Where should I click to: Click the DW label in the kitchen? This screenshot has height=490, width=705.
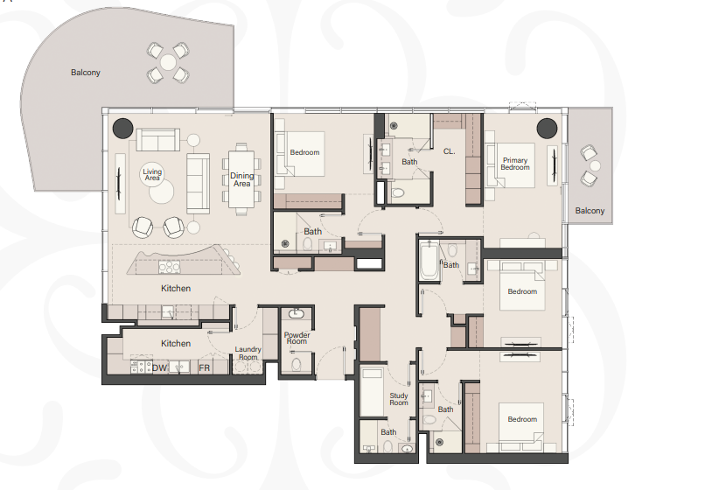point(159,368)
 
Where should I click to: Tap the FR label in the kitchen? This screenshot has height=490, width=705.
point(204,368)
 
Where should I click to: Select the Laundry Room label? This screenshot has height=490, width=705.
point(248,353)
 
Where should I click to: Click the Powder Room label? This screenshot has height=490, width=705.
point(297,338)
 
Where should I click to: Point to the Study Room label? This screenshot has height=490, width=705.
point(399,399)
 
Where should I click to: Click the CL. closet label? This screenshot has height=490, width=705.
point(450,151)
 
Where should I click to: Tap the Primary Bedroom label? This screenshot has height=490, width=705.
point(515,164)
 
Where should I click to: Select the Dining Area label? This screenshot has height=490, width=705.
point(242,179)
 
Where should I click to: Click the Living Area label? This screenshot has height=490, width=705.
point(152,175)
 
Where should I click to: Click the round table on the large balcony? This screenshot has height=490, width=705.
point(168,62)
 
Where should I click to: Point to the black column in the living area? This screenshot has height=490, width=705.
point(122,129)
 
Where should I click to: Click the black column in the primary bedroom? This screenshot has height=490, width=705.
point(548,129)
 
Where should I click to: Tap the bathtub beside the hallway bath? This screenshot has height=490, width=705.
point(429,260)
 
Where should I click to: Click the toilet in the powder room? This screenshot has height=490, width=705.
point(296,364)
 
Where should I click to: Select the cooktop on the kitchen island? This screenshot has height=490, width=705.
point(169,267)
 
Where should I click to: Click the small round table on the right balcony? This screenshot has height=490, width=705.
point(596,166)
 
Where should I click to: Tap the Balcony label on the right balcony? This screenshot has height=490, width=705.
point(590,211)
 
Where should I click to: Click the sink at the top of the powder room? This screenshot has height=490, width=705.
point(296,313)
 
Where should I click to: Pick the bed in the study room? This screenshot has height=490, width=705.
point(372,392)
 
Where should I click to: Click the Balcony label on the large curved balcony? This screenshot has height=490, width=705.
point(86,73)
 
